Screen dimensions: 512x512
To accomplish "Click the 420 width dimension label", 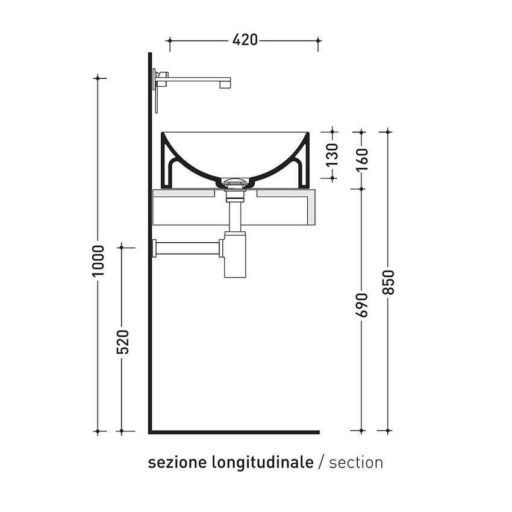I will [x=245, y=40].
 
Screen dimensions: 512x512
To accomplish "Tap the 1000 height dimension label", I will [x=98, y=261].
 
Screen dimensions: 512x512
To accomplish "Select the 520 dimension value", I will [x=122, y=342].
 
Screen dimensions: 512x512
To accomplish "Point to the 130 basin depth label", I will [x=332, y=155].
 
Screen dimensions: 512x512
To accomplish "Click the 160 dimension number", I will [x=361, y=159].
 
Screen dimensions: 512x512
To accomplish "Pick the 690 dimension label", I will [x=361, y=305].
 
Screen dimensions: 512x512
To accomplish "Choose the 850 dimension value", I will [x=389, y=281].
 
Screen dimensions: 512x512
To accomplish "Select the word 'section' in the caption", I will [x=356, y=463].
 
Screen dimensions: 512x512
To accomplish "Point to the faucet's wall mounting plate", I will [x=156, y=90].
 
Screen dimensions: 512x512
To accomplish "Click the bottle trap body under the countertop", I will [x=234, y=256].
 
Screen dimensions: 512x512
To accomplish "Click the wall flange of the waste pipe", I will [x=155, y=248].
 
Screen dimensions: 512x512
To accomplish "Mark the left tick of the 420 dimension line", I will [x=169, y=40].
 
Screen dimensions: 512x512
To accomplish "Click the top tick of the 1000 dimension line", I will [x=98, y=78].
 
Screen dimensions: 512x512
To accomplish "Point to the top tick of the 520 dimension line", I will [x=122, y=246].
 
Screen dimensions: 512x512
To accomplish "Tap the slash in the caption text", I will [x=322, y=463].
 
